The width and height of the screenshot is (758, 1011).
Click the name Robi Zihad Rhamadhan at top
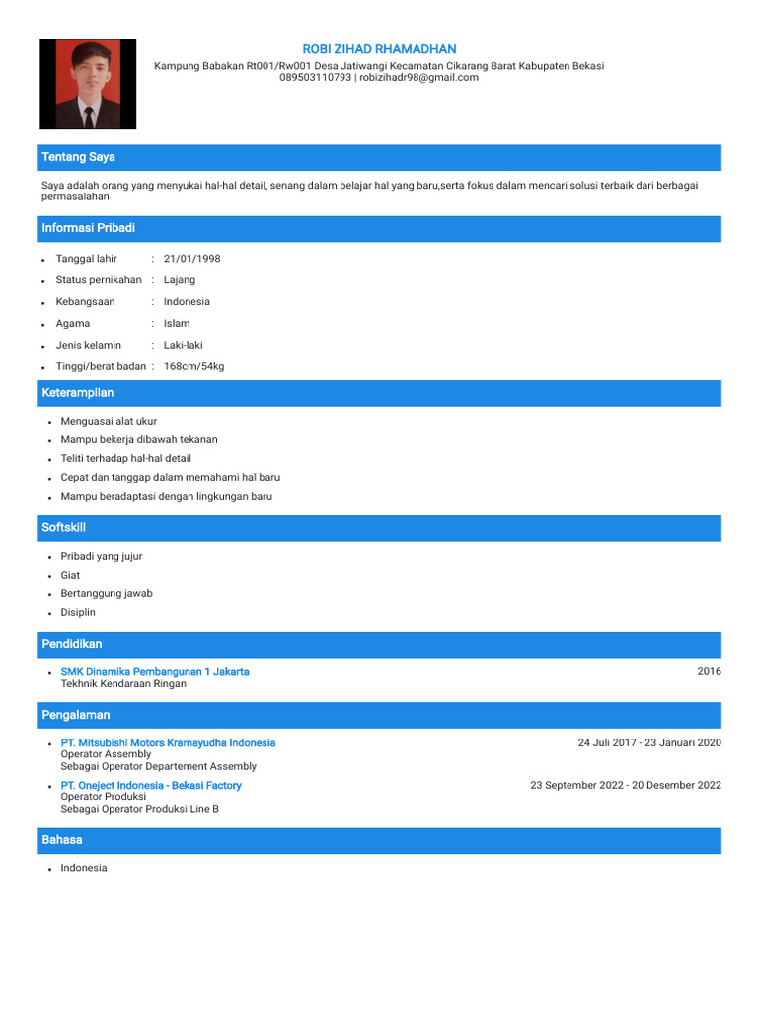click(x=379, y=49)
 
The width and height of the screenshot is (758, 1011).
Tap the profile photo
click(x=88, y=84)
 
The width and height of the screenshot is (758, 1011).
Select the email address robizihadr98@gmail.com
click(x=418, y=77)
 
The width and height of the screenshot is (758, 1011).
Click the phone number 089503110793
click(x=315, y=77)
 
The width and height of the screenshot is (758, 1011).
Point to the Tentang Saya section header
click(x=78, y=157)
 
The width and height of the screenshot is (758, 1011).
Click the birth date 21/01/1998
click(x=191, y=259)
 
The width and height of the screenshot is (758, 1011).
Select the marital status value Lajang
click(x=180, y=280)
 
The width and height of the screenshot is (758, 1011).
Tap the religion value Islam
click(x=177, y=324)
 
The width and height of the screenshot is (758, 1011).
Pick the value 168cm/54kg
click(x=193, y=367)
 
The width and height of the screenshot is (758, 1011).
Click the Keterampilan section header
click(x=78, y=393)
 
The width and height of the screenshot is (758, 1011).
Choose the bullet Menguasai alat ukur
click(x=109, y=421)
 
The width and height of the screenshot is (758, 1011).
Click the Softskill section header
click(x=64, y=528)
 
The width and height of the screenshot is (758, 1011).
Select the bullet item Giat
click(x=70, y=575)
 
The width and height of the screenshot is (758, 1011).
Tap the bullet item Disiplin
click(x=78, y=612)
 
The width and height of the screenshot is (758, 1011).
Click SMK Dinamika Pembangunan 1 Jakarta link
click(x=155, y=671)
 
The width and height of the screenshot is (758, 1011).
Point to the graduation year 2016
click(x=709, y=671)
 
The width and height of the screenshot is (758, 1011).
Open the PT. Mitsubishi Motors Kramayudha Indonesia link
click(x=168, y=742)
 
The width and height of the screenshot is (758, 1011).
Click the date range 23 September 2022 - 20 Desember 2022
click(x=626, y=785)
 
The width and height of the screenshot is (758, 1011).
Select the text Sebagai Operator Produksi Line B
click(x=139, y=809)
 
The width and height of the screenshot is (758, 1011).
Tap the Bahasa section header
click(x=61, y=840)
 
